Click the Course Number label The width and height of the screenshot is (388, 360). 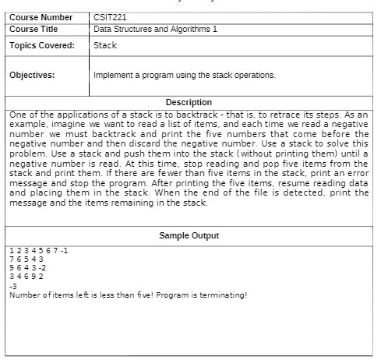[40, 16]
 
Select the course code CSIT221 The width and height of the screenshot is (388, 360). [110, 16]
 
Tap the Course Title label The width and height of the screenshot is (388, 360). [34, 29]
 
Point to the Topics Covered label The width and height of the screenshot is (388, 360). [41, 45]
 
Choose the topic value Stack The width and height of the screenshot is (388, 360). [105, 45]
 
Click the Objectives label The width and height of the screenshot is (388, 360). [31, 76]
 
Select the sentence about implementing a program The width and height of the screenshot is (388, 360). [184, 76]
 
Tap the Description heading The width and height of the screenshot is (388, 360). [189, 102]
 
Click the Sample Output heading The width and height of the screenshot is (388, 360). [189, 235]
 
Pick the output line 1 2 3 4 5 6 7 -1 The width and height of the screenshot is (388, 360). [39, 250]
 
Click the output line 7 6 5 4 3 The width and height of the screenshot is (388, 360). [26, 259]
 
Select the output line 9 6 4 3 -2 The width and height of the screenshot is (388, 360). [28, 267]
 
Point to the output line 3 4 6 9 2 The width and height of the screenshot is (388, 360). [26, 276]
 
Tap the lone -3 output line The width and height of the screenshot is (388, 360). [12, 285]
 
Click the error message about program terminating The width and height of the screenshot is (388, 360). [128, 295]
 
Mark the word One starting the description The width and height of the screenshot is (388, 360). [19, 114]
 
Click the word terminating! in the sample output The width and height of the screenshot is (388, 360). [225, 295]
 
